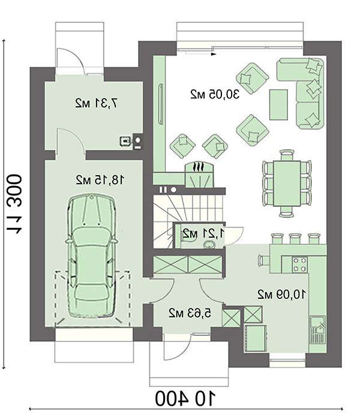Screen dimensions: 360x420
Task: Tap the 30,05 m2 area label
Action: click(215, 94)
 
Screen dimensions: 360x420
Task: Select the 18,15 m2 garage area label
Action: click(100, 180)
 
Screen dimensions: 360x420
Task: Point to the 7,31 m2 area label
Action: click(97, 103)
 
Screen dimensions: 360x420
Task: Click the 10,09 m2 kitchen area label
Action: click(281, 295)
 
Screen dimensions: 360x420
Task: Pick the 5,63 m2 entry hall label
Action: click(190, 313)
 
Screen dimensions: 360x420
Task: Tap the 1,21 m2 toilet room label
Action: click(203, 234)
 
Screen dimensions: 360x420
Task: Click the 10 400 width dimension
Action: click(185, 399)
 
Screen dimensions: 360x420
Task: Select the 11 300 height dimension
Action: click(14, 204)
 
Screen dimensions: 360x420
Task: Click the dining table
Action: click(287, 183)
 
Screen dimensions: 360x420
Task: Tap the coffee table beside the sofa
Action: click(278, 104)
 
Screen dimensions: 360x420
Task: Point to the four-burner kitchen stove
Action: click(299, 264)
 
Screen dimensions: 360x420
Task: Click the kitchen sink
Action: click(317, 330)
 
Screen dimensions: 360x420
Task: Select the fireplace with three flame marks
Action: click(200, 175)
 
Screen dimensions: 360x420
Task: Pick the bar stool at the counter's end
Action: click(263, 260)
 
